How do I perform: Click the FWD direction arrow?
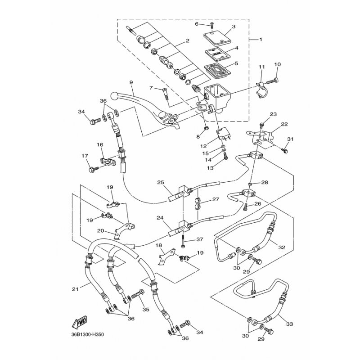tap(78, 323)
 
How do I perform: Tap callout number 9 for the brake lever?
tap(118, 82)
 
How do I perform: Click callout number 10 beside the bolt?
tap(277, 65)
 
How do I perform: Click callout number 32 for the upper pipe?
tap(282, 247)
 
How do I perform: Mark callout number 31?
tap(290, 139)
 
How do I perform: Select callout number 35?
tap(145, 310)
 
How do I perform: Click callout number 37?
tap(199, 239)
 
